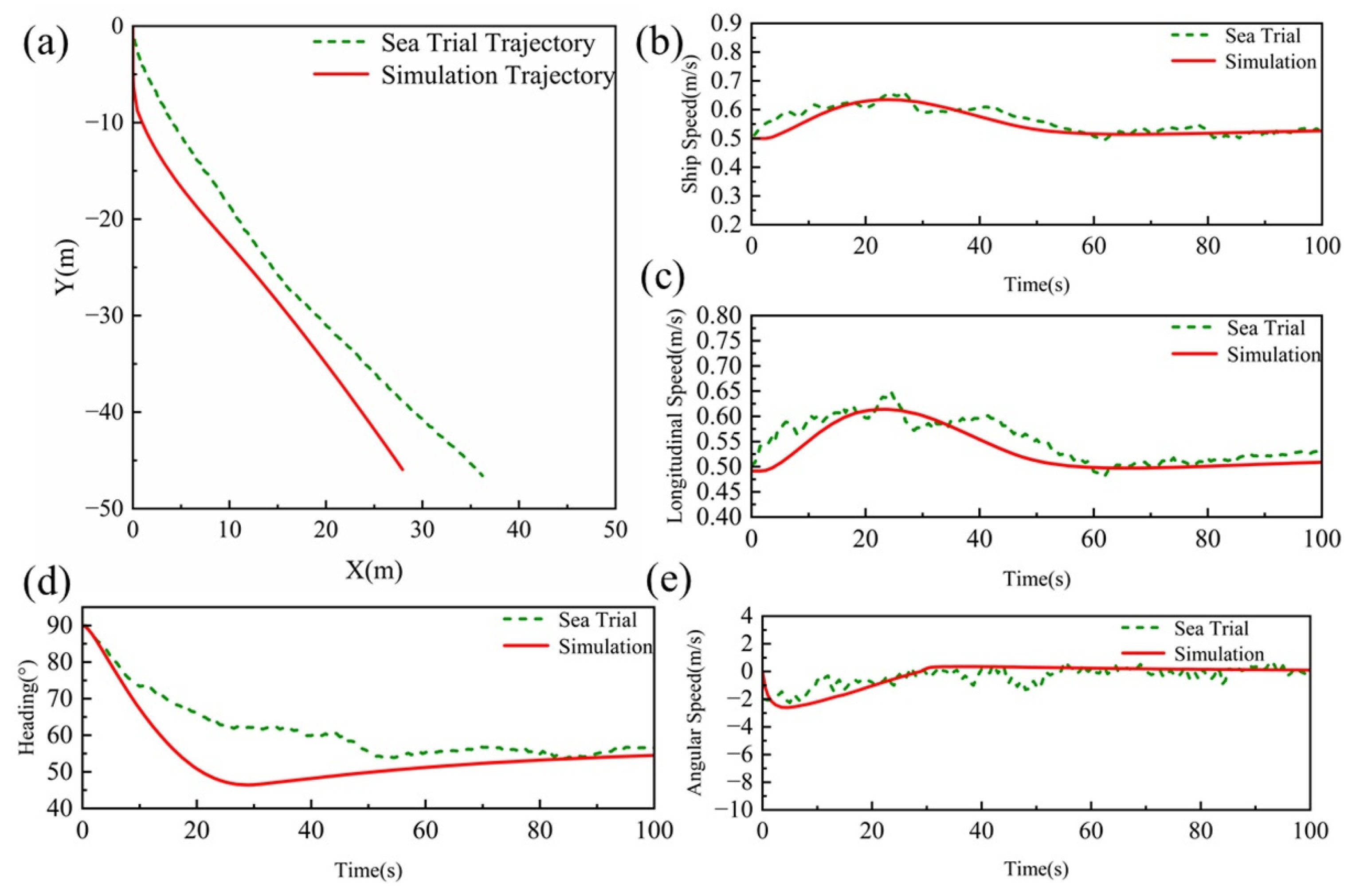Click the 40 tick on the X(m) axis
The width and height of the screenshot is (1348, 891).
coord(518,530)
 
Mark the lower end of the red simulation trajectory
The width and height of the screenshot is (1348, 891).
coord(403,469)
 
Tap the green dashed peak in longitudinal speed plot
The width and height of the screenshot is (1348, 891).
coord(891,393)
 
